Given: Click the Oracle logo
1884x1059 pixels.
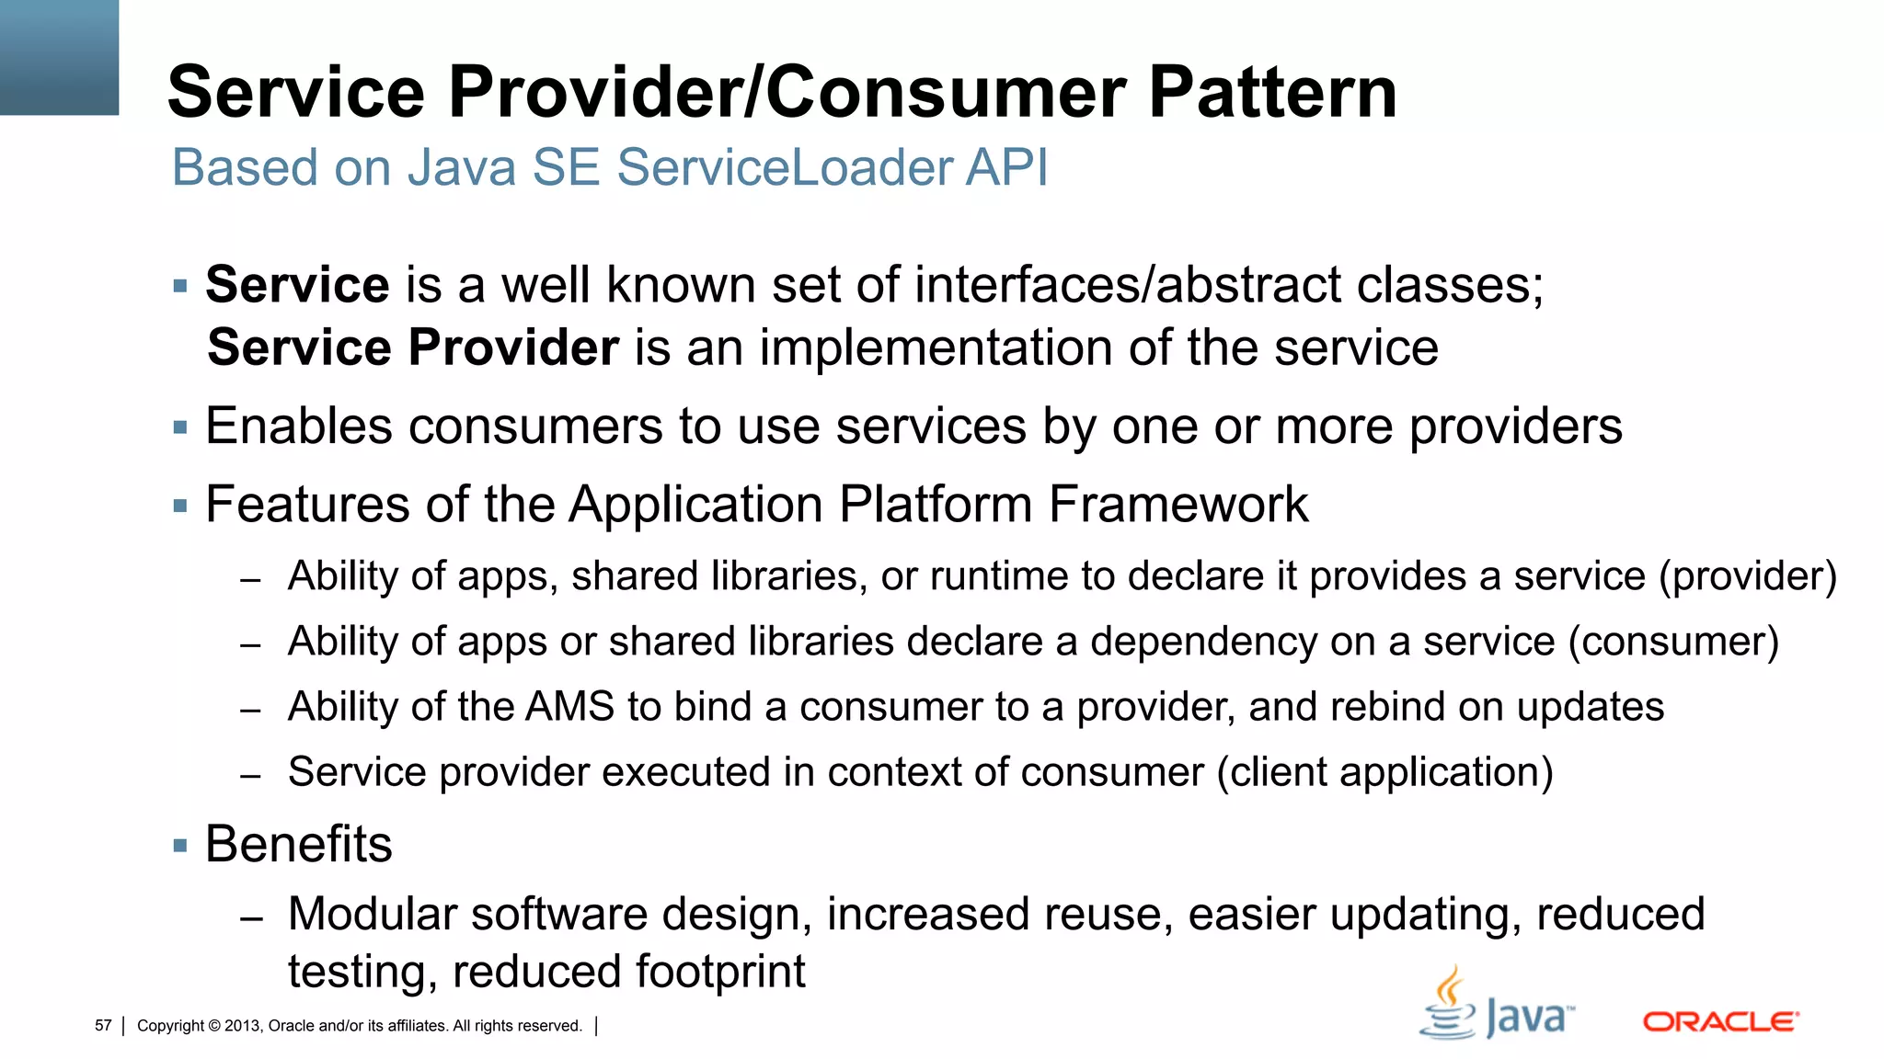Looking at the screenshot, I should tap(1720, 1021).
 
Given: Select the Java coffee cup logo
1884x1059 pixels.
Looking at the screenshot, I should tap(1449, 1004).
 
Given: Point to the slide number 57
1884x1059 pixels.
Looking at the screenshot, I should tap(103, 1026).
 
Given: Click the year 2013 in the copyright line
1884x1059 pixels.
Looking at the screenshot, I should tap(242, 1026).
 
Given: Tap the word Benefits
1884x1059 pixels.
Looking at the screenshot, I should tap(299, 844).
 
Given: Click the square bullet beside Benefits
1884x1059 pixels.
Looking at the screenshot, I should tap(180, 845).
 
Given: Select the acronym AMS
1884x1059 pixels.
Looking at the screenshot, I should tap(569, 707).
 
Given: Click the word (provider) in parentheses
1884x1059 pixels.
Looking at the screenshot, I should tap(1748, 576).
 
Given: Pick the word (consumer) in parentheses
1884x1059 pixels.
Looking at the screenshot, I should tap(1673, 642).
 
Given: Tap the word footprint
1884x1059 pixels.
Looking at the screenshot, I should tap(720, 972).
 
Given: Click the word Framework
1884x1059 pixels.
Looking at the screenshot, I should tap(1177, 505).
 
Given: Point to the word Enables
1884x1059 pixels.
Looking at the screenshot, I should tap(299, 427).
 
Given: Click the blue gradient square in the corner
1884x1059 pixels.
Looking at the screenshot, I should tap(59, 57).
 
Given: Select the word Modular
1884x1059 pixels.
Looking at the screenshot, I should tap(373, 915).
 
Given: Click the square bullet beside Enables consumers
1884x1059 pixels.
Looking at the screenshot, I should tap(180, 427).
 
